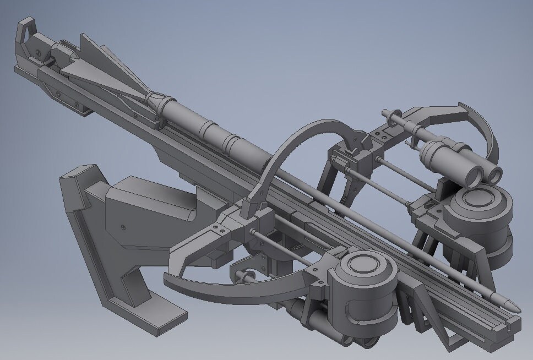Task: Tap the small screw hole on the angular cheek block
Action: [x=123, y=226]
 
